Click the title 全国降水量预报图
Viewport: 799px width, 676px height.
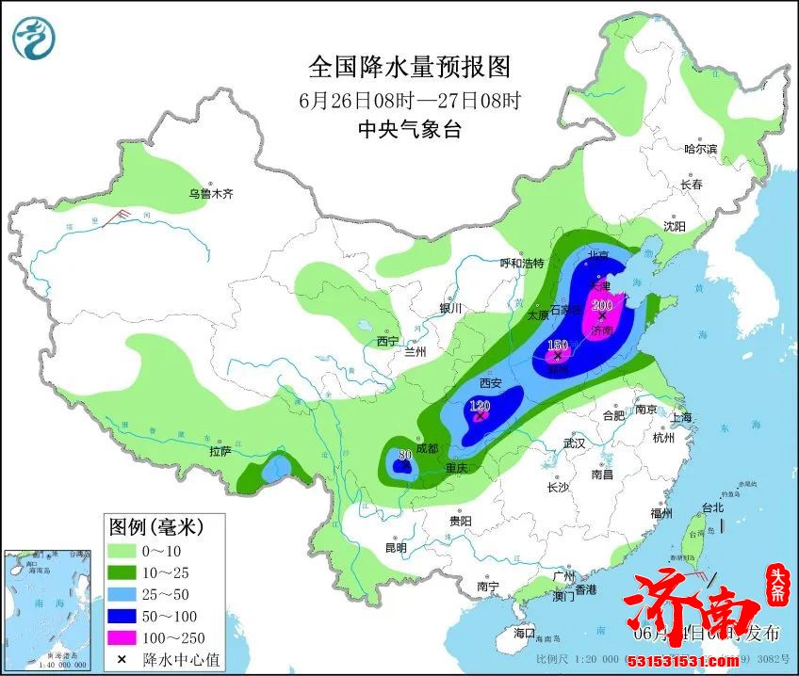point(410,68)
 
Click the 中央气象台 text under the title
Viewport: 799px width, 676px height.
point(410,130)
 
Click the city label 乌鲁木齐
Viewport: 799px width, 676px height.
point(209,194)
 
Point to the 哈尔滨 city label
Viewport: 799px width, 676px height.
point(700,149)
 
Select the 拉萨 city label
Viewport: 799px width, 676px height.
point(220,451)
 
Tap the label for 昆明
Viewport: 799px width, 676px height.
point(396,548)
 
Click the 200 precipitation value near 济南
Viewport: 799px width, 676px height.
point(601,303)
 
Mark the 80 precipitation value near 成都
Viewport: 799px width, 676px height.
point(405,455)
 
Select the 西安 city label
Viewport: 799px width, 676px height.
point(490,383)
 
